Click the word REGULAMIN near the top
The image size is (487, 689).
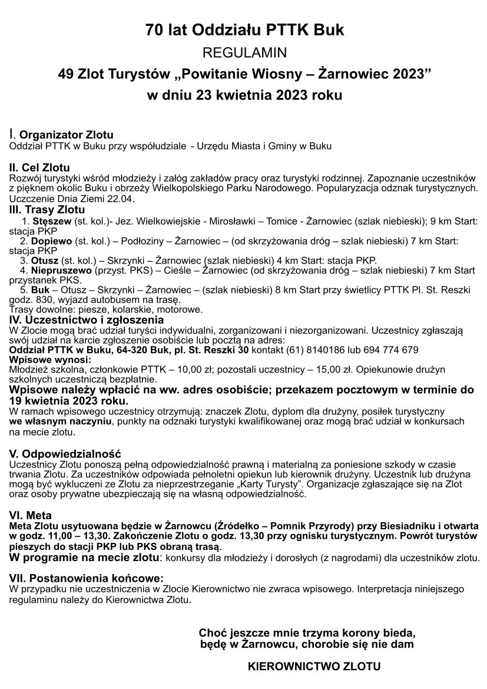click(244, 54)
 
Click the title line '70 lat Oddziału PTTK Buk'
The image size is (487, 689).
click(244, 31)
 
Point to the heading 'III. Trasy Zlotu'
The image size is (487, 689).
click(48, 210)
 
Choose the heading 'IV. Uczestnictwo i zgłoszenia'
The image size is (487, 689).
click(83, 320)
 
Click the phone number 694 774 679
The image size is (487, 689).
click(389, 350)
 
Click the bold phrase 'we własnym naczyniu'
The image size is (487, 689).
click(56, 422)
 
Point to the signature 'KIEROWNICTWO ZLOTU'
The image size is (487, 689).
click(314, 667)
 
